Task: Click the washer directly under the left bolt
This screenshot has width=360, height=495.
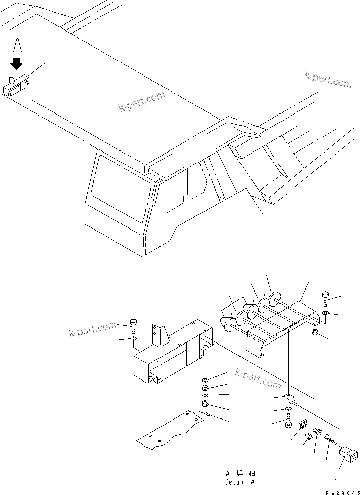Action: point(133,339)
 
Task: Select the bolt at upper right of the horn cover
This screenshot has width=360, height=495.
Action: point(325,299)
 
